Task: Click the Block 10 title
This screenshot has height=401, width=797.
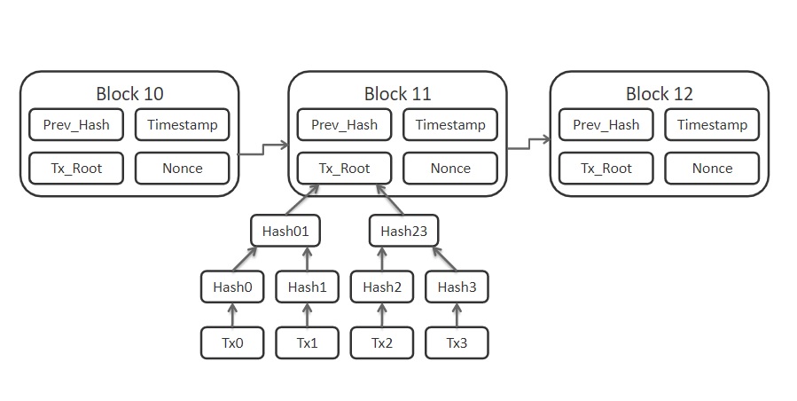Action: [129, 94]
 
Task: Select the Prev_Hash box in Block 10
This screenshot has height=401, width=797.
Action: [76, 125]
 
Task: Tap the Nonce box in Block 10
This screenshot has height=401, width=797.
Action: [183, 169]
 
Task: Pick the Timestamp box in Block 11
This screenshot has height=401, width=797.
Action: [450, 125]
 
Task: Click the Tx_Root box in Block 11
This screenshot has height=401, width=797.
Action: [345, 169]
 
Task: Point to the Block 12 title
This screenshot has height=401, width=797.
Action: [660, 94]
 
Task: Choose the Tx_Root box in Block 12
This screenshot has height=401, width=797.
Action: [606, 169]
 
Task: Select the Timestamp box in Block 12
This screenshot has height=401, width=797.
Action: [712, 125]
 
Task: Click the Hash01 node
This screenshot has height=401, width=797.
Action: [285, 231]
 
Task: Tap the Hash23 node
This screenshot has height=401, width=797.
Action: [403, 231]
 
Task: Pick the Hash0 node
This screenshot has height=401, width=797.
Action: [232, 287]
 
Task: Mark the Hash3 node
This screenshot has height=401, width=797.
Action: [457, 287]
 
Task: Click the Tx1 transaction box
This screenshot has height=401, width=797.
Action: [307, 343]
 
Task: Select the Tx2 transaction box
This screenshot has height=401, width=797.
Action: [382, 343]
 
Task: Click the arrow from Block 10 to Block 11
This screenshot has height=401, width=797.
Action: [262, 149]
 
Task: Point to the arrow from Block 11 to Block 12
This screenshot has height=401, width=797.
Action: [528, 144]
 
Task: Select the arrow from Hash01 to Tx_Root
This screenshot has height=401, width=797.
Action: [303, 200]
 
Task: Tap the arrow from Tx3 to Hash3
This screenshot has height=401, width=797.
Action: [457, 315]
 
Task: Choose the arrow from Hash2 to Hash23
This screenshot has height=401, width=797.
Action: [382, 258]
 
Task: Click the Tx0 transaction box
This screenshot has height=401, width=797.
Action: [232, 343]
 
